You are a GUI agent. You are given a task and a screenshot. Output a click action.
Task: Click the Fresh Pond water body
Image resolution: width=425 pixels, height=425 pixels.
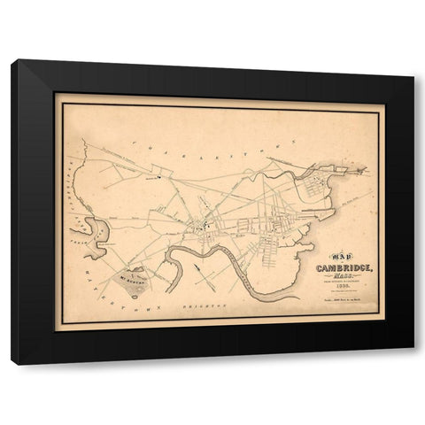(100, 232)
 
